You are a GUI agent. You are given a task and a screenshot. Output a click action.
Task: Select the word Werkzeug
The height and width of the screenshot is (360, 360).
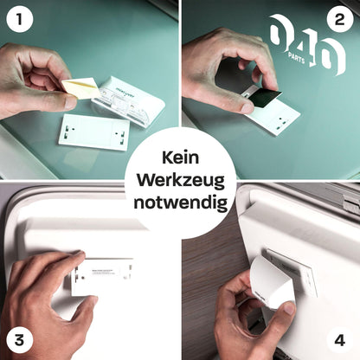coord(179,182)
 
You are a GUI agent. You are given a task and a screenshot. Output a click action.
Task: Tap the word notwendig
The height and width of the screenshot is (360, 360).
coord(179,203)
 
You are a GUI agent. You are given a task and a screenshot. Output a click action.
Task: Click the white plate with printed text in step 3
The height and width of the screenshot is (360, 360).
coord(101,276)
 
